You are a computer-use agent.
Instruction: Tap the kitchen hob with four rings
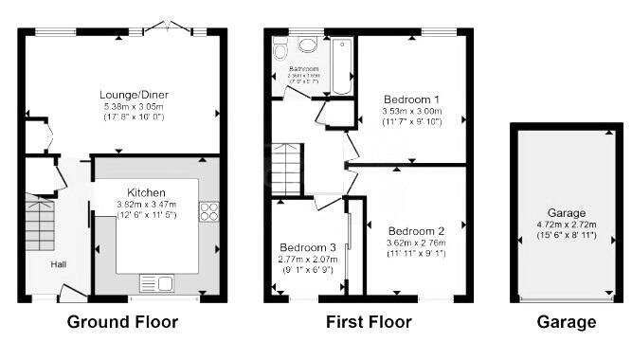tap(208, 212)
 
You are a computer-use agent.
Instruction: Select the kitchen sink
tap(155, 282)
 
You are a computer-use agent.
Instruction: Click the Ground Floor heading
tap(122, 322)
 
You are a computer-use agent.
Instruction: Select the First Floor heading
tap(369, 322)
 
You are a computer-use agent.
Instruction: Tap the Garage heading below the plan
tap(567, 322)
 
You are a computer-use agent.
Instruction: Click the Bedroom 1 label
tap(411, 99)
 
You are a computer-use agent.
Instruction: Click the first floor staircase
tap(286, 168)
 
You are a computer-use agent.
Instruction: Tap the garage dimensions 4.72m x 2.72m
tap(566, 225)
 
